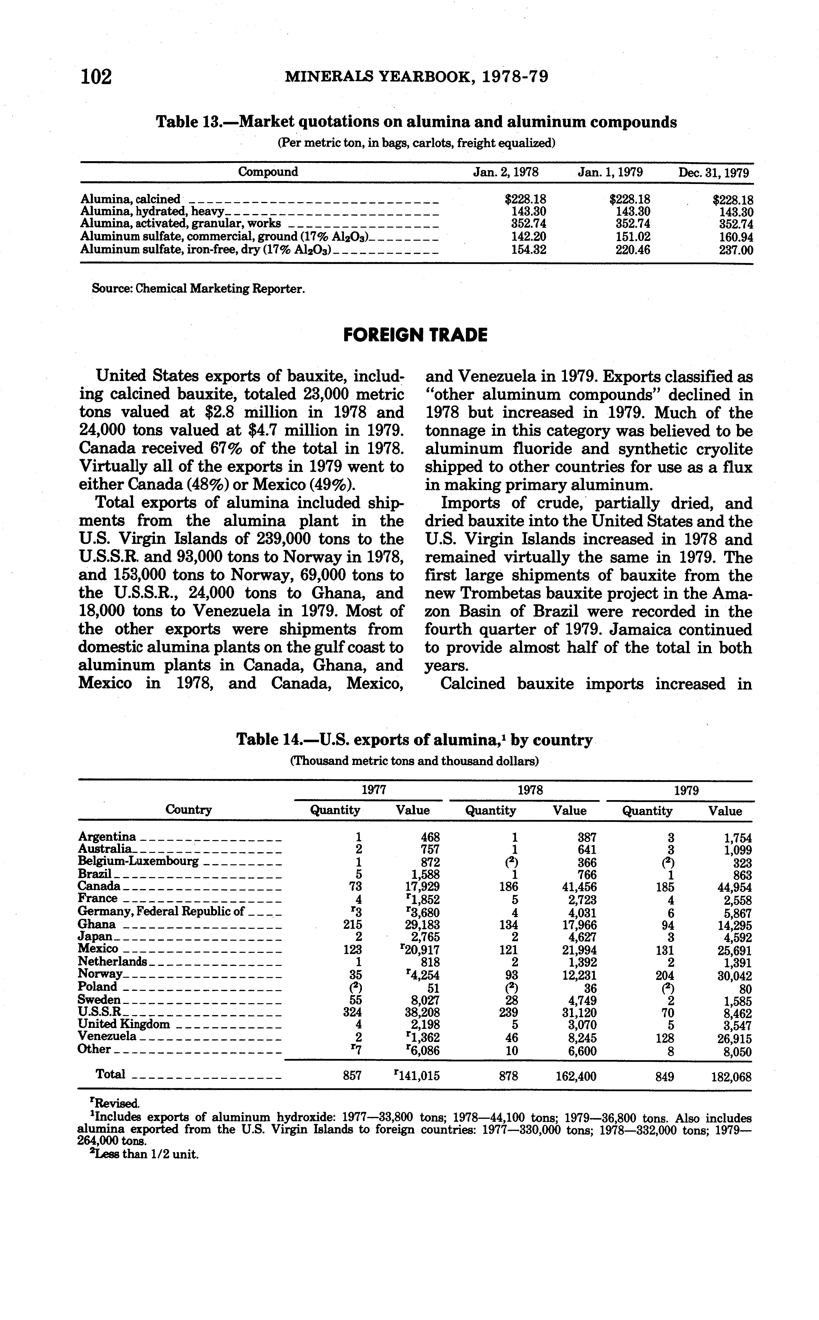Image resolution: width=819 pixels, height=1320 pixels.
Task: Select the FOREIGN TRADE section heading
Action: (415, 335)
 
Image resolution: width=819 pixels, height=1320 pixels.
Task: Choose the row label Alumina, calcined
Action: (130, 199)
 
